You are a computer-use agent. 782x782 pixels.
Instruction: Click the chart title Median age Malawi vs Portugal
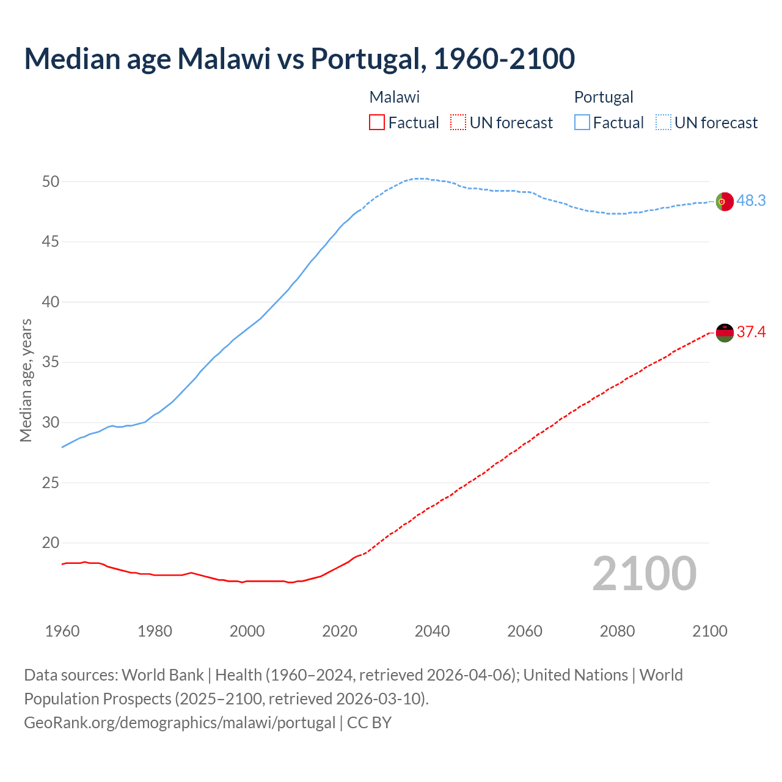(x=299, y=59)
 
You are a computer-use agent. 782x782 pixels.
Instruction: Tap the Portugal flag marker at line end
(x=724, y=201)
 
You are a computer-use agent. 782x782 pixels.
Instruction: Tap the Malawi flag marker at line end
(x=724, y=332)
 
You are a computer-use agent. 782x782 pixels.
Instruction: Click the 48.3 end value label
(x=751, y=201)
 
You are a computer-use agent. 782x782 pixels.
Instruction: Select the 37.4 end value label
(x=751, y=332)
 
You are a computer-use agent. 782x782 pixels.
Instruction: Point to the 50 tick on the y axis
(x=51, y=181)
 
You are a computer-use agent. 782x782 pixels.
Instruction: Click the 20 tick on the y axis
(x=51, y=543)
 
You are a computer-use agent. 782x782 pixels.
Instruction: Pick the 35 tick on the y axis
(x=51, y=362)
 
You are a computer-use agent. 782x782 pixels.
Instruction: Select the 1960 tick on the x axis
(x=62, y=631)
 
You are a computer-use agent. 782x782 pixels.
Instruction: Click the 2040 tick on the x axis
(x=432, y=631)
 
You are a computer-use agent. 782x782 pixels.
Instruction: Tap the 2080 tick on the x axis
(x=617, y=631)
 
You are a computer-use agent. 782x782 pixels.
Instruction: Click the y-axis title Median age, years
(x=26, y=380)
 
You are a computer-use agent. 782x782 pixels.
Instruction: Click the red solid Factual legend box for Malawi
(x=377, y=123)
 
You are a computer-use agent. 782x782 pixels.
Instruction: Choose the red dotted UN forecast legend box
(x=458, y=123)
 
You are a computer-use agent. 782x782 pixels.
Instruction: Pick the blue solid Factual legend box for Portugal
(x=582, y=123)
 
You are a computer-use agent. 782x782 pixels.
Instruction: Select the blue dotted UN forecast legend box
(x=663, y=123)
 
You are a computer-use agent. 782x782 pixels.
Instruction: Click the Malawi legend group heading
(x=395, y=97)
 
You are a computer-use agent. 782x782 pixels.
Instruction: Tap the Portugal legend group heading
(x=604, y=97)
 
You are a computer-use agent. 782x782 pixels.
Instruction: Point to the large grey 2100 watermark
(x=644, y=574)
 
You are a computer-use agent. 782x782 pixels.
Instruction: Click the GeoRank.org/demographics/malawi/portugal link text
(x=180, y=723)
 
